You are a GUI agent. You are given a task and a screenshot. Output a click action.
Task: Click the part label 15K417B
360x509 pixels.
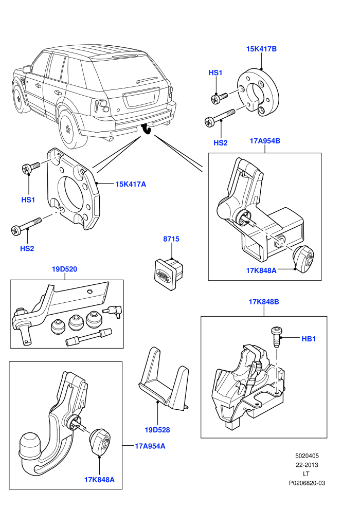point(261,49)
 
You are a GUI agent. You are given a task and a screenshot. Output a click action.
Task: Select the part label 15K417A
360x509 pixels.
point(131,184)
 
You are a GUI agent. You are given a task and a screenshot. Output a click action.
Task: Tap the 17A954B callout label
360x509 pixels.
point(265,141)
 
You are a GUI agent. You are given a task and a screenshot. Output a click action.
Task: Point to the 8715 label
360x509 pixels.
point(171,239)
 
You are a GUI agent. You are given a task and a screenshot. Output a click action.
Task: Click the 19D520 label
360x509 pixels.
point(65,269)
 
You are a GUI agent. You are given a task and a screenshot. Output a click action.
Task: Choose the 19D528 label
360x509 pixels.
point(157,430)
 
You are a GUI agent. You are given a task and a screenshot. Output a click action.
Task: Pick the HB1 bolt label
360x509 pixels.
point(309,339)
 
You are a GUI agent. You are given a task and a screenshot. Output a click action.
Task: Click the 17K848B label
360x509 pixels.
point(264,302)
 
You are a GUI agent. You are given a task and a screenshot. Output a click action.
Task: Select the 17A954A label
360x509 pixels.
point(150,446)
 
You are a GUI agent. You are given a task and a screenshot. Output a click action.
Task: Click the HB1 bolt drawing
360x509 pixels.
point(276,337)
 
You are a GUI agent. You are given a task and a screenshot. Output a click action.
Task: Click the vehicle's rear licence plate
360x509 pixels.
point(140,98)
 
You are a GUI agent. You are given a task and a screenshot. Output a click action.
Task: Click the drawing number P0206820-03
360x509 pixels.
point(307,483)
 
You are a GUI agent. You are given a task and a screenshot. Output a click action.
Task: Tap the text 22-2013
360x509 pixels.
point(307,465)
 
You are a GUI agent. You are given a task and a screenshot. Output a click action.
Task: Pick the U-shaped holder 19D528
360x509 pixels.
point(163,378)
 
